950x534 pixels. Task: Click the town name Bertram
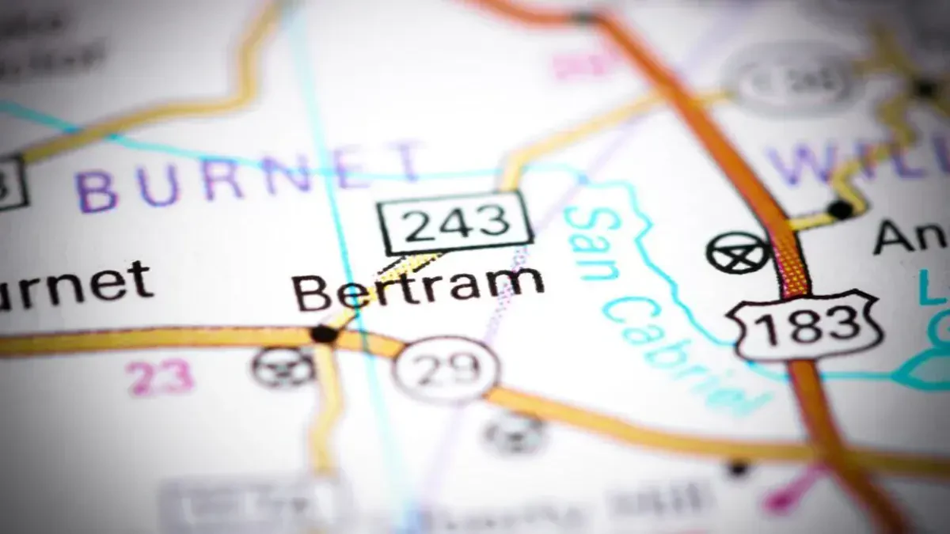pos(418,288)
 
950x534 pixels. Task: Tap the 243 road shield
pos(454,222)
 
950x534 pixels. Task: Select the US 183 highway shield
pos(807,325)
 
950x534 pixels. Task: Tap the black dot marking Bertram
pos(324,334)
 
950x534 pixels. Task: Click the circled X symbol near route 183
pos(738,252)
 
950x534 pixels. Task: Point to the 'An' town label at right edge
pos(910,235)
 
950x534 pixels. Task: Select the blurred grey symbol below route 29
pos(515,433)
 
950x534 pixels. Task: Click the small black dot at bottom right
pos(738,468)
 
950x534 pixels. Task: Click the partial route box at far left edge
pos(11,181)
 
